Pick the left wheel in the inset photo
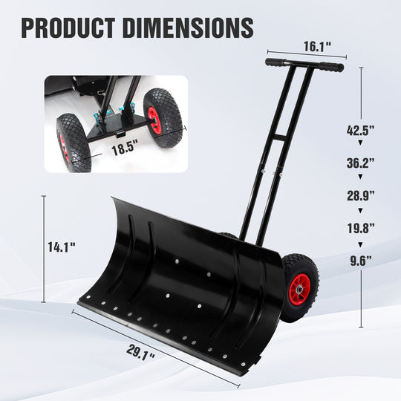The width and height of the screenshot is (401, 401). coord(73,142)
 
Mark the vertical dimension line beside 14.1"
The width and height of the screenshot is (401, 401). coord(45,249)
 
